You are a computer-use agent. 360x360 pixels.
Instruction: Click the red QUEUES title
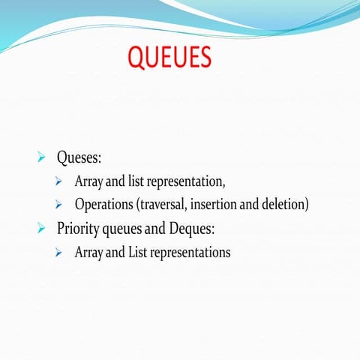169,57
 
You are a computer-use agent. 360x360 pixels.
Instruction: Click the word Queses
79,158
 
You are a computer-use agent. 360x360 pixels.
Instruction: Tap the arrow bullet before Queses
42,158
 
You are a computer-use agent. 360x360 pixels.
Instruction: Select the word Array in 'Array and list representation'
89,181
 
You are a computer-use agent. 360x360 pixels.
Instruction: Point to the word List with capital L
138,252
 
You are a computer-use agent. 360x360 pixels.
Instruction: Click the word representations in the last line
190,253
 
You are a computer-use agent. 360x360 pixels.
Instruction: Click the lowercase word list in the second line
137,181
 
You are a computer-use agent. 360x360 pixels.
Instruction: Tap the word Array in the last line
89,252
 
